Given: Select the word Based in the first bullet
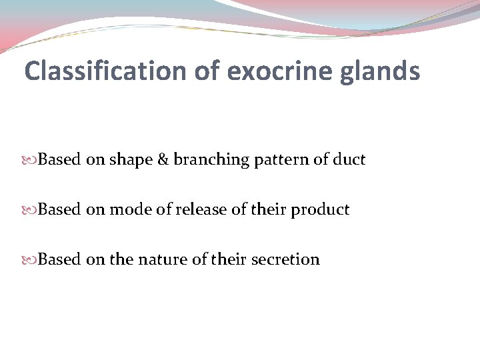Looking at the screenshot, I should [x=59, y=160].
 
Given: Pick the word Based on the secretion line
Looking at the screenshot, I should [x=59, y=259].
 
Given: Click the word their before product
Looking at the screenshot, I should [x=273, y=210].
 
